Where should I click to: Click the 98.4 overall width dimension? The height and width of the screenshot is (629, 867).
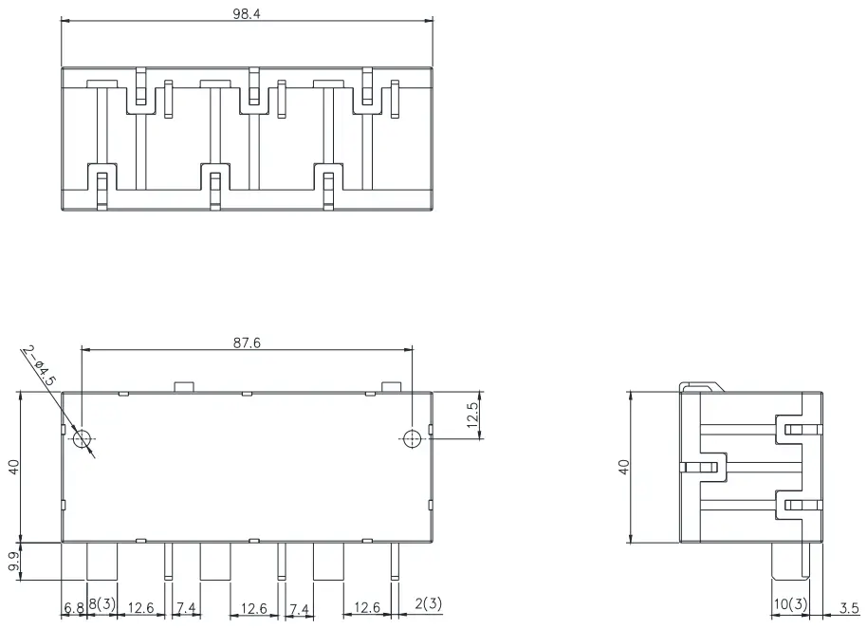tap(246, 10)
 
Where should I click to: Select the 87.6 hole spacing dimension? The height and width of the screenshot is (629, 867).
tap(247, 342)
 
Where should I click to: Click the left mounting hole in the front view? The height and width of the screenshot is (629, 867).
tap(83, 438)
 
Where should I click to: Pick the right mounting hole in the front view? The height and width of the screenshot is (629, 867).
tap(412, 438)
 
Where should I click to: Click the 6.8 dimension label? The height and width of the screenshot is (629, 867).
tap(74, 606)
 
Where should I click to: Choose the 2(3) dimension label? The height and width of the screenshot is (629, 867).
tap(428, 603)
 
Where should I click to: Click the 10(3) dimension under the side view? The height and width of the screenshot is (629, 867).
tap(789, 605)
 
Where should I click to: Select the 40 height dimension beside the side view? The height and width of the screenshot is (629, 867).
tap(623, 467)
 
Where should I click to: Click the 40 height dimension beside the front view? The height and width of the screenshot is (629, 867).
tap(12, 467)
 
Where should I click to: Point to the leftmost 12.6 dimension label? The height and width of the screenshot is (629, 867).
tap(141, 606)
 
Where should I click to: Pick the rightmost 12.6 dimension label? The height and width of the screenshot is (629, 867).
tap(368, 606)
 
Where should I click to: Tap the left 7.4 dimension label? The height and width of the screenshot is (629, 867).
tap(185, 606)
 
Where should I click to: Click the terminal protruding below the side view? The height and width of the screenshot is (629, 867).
tap(789, 562)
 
